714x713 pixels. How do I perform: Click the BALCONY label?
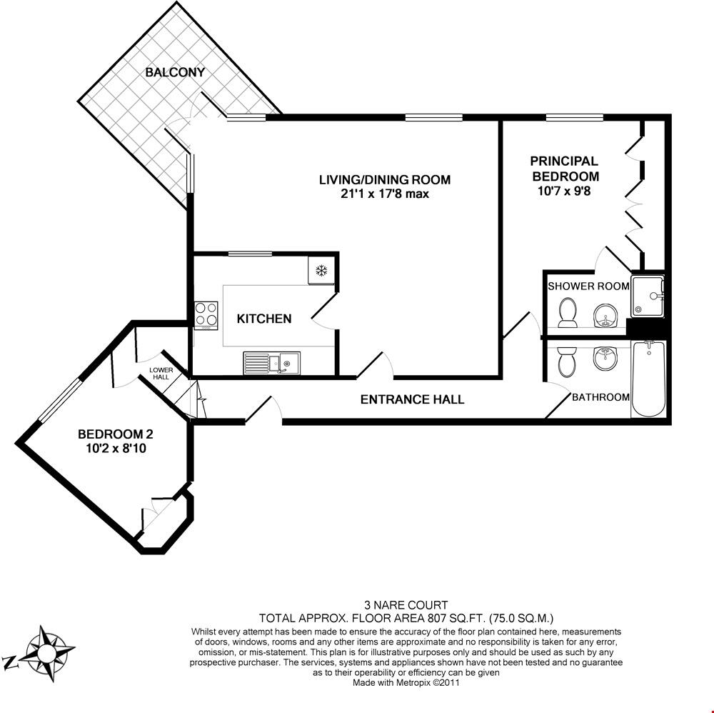(175, 72)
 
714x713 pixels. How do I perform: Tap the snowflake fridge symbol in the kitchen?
(321, 270)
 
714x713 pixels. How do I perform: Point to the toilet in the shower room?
(568, 313)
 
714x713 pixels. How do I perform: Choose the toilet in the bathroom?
(565, 361)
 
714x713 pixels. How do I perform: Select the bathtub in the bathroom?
(648, 379)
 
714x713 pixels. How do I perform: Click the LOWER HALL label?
(160, 373)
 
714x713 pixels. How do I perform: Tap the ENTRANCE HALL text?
(412, 399)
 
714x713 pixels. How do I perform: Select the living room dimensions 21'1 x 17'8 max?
(384, 194)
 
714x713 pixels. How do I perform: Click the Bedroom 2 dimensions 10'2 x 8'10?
(115, 448)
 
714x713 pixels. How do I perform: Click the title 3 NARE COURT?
(406, 606)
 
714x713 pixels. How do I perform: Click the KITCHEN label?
(264, 319)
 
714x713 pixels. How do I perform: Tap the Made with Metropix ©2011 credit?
(406, 682)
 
